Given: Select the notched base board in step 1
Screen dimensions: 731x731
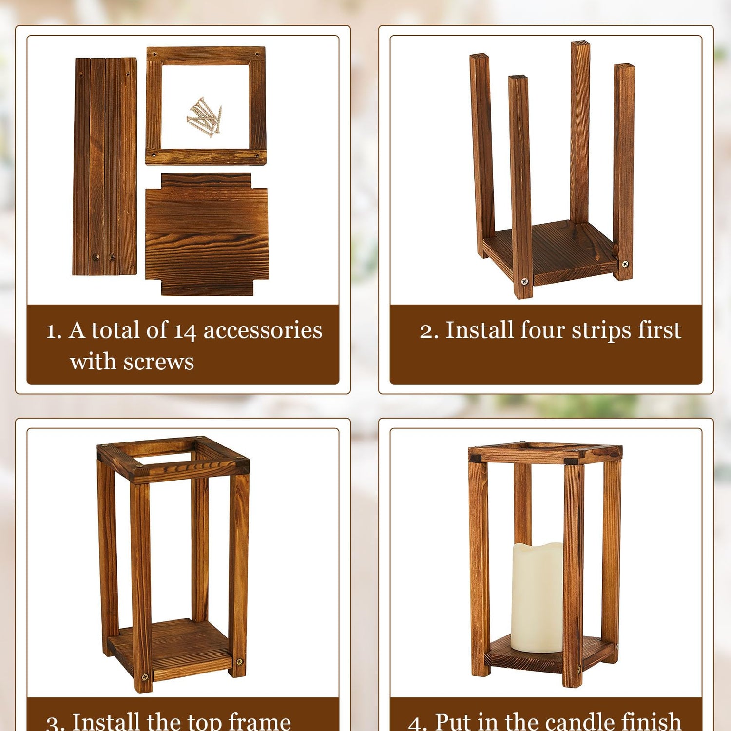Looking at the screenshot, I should click(207, 234).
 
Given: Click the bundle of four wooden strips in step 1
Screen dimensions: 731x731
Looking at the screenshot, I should click(105, 166).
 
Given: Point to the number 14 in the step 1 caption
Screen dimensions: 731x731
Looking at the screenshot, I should click(185, 331).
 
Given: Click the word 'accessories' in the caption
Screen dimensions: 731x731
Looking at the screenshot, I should click(263, 330).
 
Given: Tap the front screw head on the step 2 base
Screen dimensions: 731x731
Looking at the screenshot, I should click(524, 281).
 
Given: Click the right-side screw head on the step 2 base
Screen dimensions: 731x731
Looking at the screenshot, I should click(625, 264).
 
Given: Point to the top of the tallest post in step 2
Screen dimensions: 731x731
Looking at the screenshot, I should click(580, 44).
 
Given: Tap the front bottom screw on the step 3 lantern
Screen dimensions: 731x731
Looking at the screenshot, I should click(145, 677).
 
